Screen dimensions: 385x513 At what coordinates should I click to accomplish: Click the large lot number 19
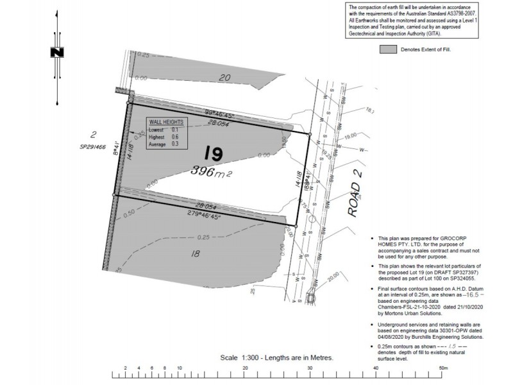[214, 153]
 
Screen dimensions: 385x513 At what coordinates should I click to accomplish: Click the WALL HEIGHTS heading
[166, 121]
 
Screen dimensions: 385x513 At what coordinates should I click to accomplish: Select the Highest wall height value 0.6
[174, 137]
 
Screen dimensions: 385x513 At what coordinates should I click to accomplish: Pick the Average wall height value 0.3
[174, 144]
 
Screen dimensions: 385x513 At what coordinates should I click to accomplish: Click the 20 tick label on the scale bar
[246, 368]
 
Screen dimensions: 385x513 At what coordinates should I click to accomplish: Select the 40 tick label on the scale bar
[376, 368]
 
